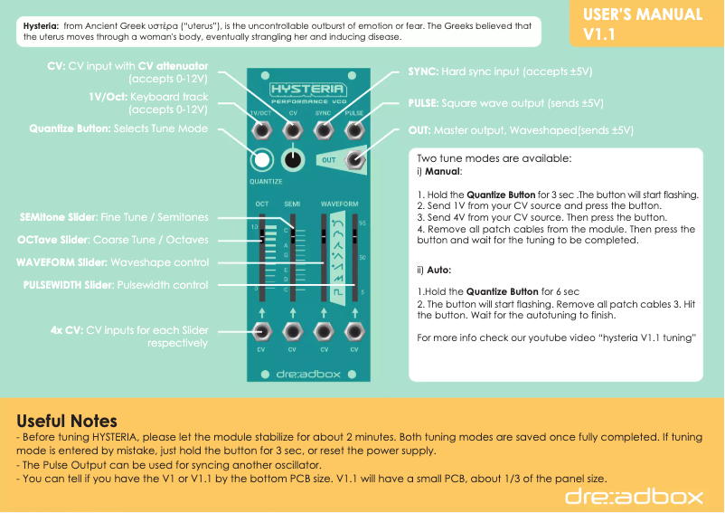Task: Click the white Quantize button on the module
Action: pyautogui.click(x=262, y=160)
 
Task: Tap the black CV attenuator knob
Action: pyautogui.click(x=292, y=160)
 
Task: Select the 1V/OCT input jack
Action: pyautogui.click(x=262, y=130)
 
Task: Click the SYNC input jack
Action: pyautogui.click(x=323, y=130)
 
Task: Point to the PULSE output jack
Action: pyautogui.click(x=353, y=130)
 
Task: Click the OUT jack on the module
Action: pyautogui.click(x=354, y=160)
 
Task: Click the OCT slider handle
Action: pyautogui.click(x=262, y=236)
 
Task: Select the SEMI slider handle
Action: pyautogui.click(x=293, y=236)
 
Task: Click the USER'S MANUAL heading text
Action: pyautogui.click(x=642, y=14)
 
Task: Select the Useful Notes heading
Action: pyautogui.click(x=67, y=421)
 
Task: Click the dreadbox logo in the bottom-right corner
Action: pyautogui.click(x=634, y=495)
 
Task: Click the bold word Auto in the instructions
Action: pyautogui.click(x=438, y=270)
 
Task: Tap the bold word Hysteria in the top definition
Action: pyautogui.click(x=41, y=26)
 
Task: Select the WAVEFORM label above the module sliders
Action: pyautogui.click(x=339, y=204)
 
